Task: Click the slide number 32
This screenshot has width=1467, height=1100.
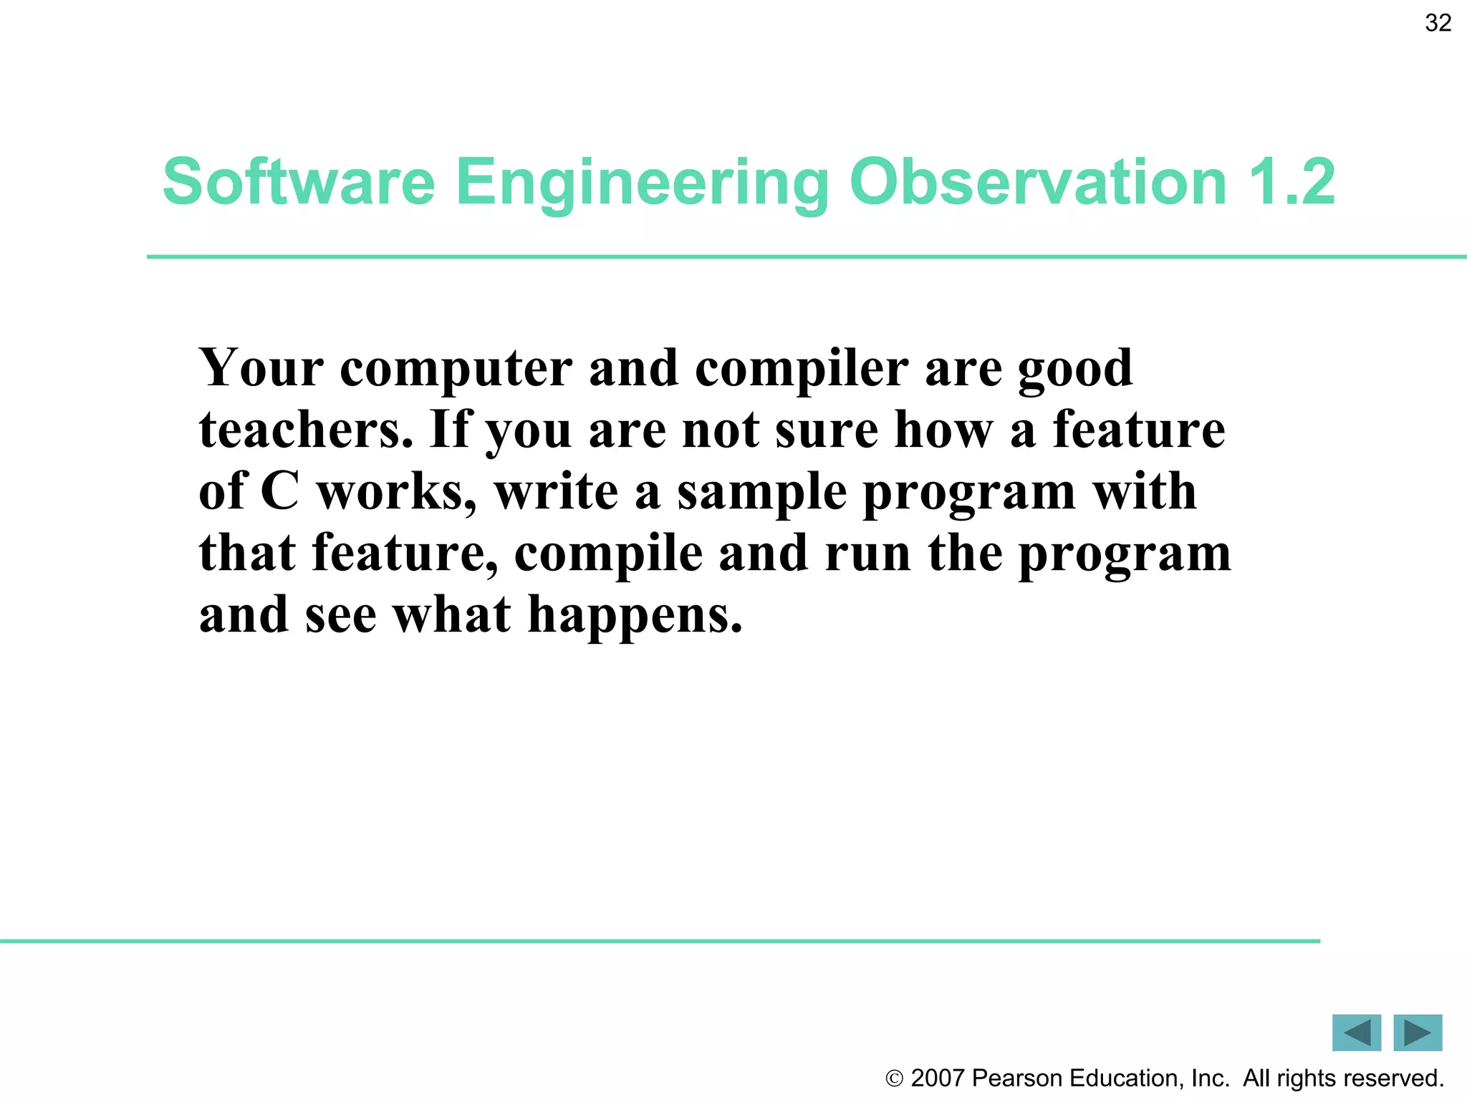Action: pyautogui.click(x=1438, y=23)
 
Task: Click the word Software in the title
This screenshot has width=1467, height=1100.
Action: pyautogui.click(x=299, y=182)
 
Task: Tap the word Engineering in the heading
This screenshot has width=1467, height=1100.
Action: pyautogui.click(x=642, y=182)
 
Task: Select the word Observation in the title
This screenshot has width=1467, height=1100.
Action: pyautogui.click(x=1038, y=182)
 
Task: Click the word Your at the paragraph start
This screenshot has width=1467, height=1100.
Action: pyautogui.click(x=261, y=368)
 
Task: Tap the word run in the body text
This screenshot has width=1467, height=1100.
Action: pyautogui.click(x=867, y=554)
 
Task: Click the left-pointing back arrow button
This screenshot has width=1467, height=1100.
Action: pyautogui.click(x=1356, y=1033)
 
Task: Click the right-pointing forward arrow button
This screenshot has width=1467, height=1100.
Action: pyautogui.click(x=1418, y=1033)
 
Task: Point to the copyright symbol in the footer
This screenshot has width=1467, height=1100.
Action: pyautogui.click(x=894, y=1079)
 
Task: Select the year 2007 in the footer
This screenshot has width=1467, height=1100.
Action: pyautogui.click(x=937, y=1079)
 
